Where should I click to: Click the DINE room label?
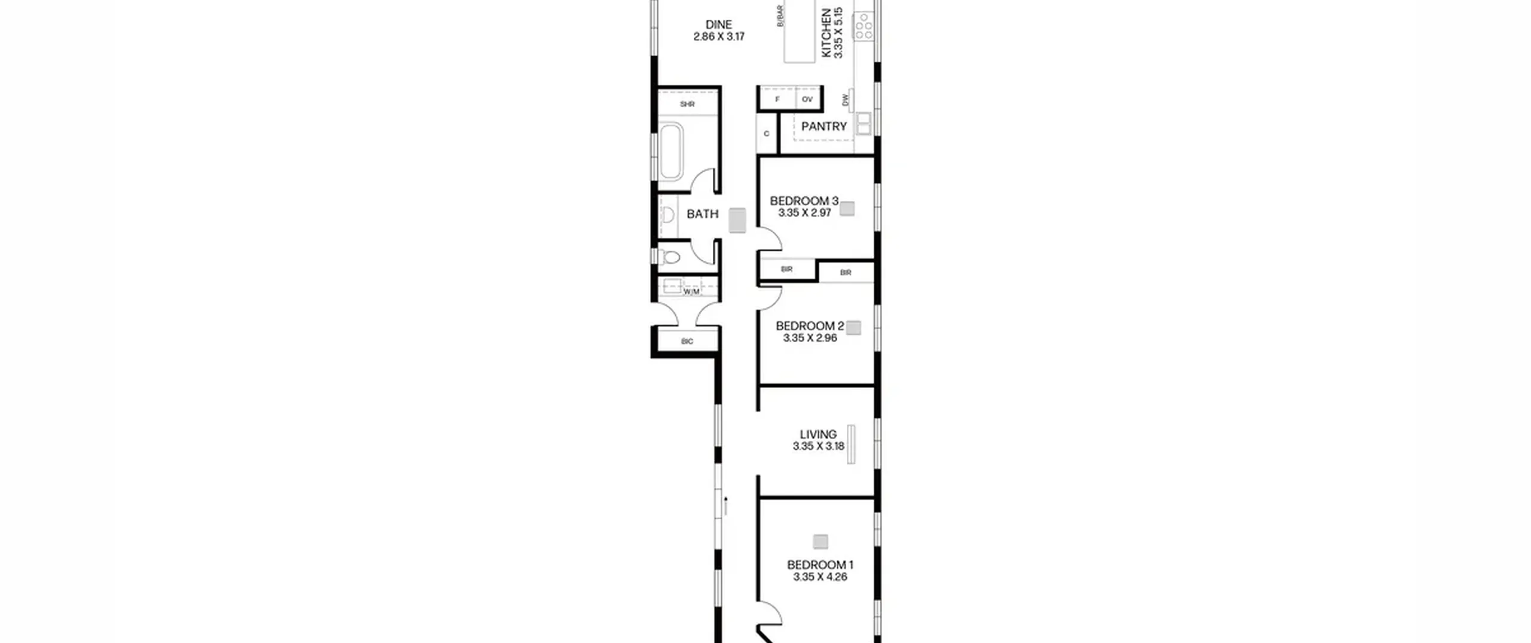(x=719, y=25)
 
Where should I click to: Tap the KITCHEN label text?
(x=827, y=33)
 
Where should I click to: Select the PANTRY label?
(x=824, y=126)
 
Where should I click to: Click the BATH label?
(x=702, y=214)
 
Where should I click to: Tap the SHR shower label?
(x=687, y=104)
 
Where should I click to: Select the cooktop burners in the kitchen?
(x=864, y=27)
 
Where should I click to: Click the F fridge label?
(x=777, y=99)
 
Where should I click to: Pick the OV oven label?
(x=807, y=99)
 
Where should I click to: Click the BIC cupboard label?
(x=687, y=341)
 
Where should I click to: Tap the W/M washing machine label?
(x=691, y=292)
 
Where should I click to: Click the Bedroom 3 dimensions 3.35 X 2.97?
(x=804, y=212)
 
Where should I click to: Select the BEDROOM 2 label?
(x=810, y=326)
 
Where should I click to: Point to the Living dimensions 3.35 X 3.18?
(x=818, y=446)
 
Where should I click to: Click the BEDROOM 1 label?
(x=820, y=565)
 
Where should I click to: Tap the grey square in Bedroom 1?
(x=820, y=542)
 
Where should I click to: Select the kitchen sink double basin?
(x=864, y=123)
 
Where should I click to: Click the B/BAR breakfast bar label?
(x=780, y=16)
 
